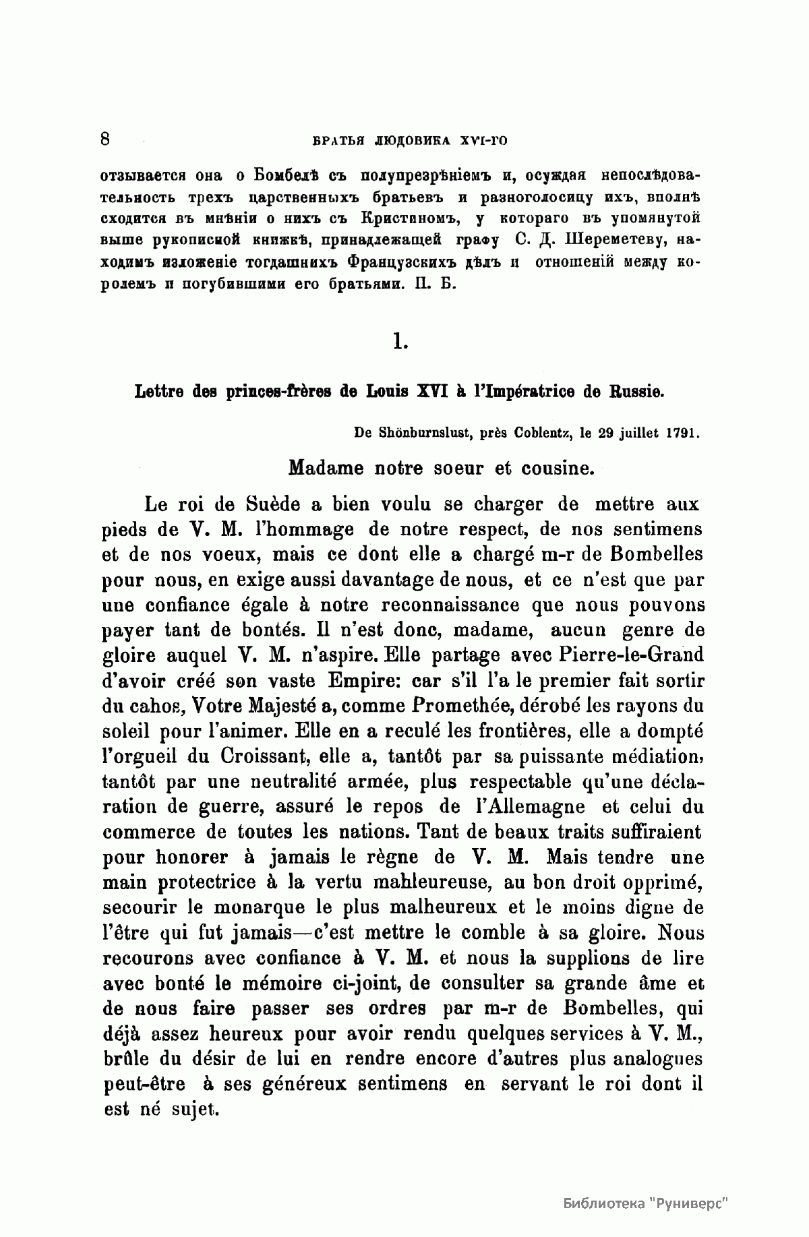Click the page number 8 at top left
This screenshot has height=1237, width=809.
pos(104,140)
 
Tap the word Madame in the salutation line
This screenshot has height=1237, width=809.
pos(323,467)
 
